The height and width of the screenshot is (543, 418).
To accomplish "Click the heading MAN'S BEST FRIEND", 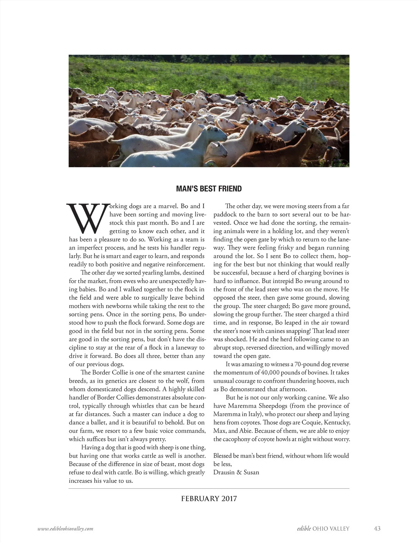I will (x=209, y=189).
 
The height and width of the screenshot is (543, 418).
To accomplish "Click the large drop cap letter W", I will (x=86, y=219).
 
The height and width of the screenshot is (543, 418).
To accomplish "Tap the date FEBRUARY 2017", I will (x=209, y=498).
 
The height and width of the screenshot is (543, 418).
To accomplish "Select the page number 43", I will (x=377, y=528).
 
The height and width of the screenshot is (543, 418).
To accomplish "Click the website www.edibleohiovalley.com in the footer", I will (x=65, y=529).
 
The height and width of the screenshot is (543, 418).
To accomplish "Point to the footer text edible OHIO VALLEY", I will (x=320, y=528).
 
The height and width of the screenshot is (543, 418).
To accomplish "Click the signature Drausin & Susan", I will (x=236, y=473).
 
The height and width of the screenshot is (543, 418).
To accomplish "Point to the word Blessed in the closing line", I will (x=223, y=456).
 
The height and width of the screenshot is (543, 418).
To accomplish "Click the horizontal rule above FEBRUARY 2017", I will (x=209, y=489).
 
